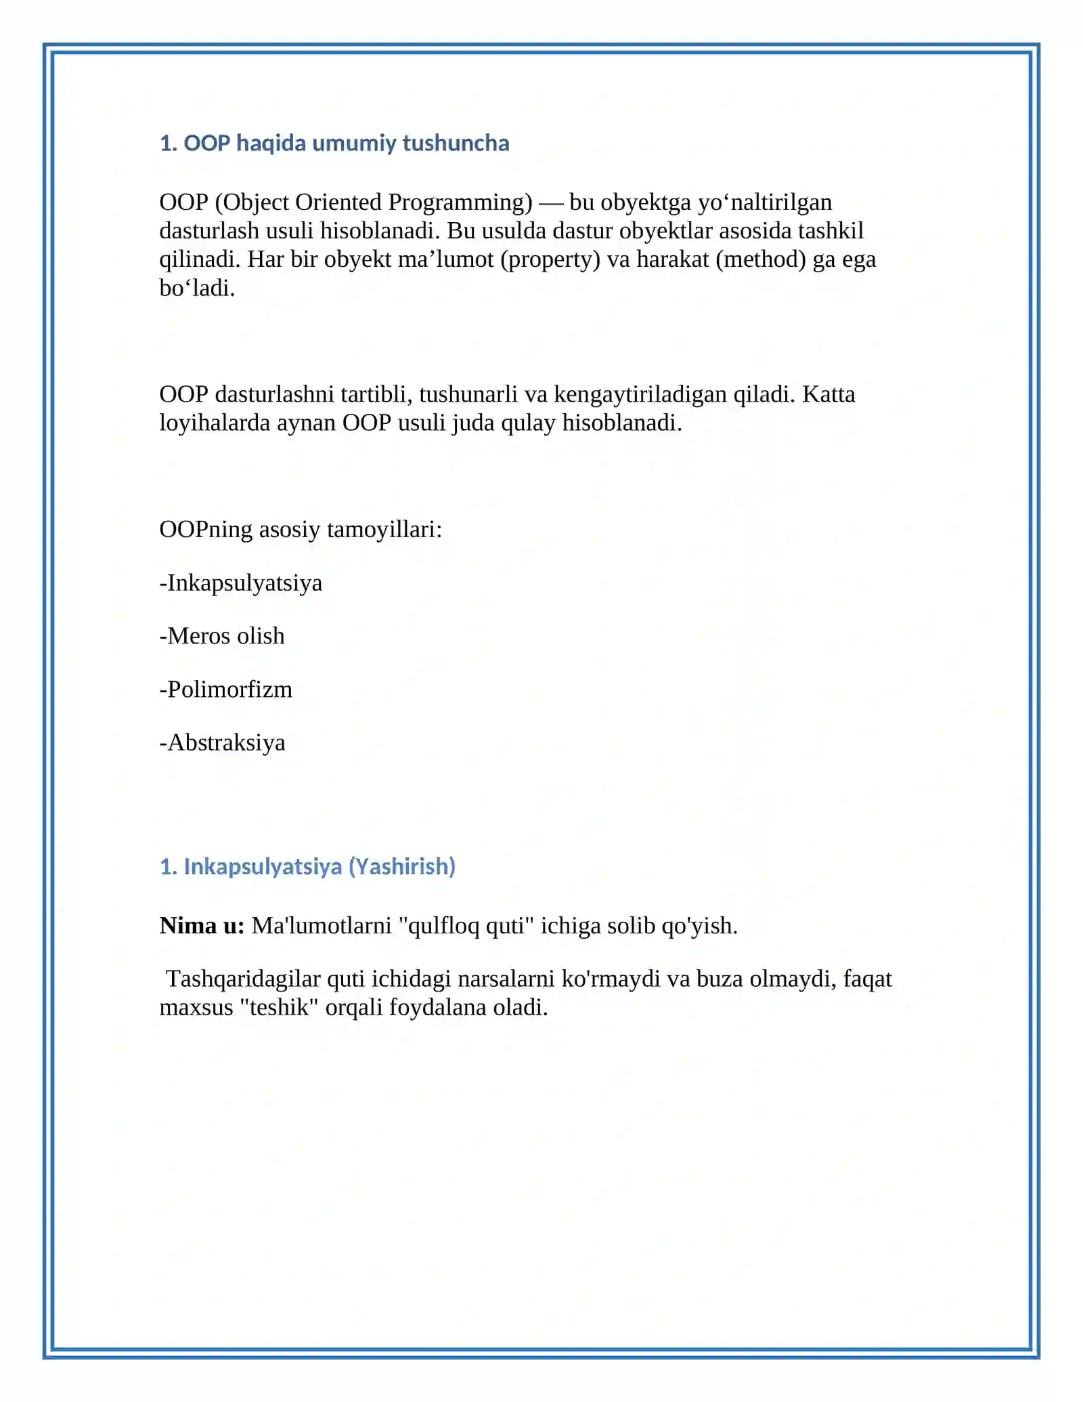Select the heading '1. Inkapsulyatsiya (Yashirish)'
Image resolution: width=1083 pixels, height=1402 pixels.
[x=307, y=866]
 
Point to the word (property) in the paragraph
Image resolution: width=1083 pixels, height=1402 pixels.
[x=550, y=259]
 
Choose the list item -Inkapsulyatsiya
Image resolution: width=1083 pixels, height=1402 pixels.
[x=241, y=583]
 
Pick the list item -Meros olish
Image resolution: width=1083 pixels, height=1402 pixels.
[x=222, y=636]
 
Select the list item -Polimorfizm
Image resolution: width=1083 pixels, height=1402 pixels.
[x=226, y=689]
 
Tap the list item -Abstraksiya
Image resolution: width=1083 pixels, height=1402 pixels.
[x=223, y=743]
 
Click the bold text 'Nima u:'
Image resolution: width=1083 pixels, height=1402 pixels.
[x=202, y=926]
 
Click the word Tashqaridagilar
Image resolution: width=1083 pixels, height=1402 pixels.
[x=243, y=979]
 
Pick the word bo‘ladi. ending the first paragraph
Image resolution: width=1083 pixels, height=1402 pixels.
[x=197, y=289]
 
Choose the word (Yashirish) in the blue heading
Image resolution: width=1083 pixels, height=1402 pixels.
[x=402, y=866]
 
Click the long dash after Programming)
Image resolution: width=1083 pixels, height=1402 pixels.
[x=551, y=203]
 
